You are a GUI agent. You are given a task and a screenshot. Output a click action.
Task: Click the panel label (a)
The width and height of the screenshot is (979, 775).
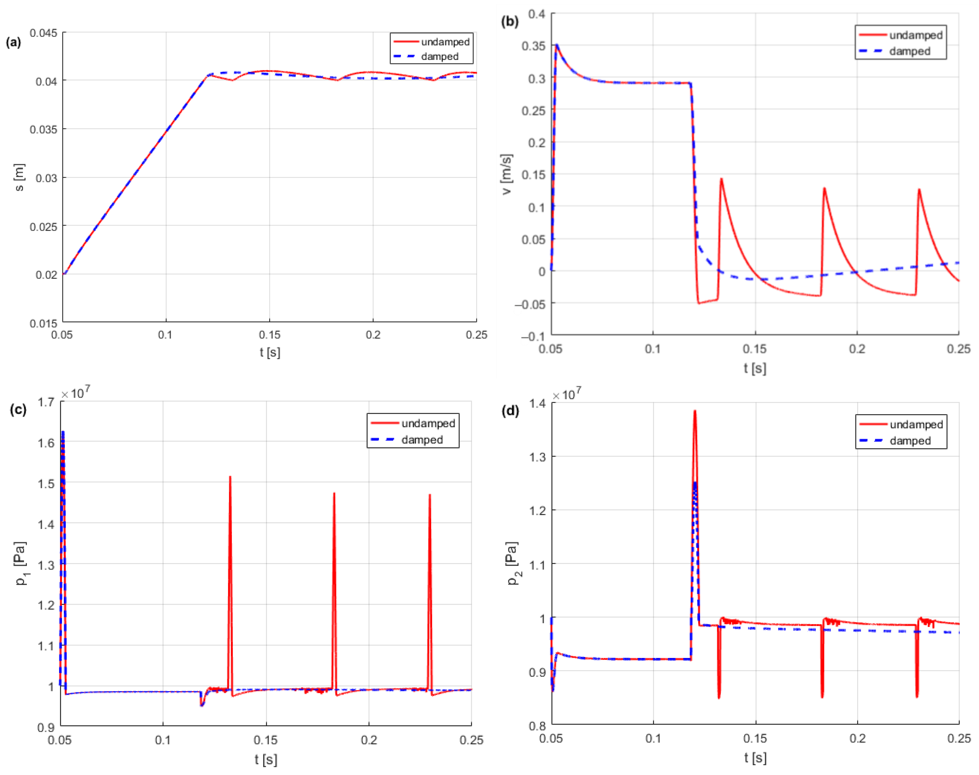coord(13,43)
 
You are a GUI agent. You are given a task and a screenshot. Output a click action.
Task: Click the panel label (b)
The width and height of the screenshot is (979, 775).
coord(509,21)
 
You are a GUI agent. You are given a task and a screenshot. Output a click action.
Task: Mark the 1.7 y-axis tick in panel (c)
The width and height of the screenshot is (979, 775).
coord(46,402)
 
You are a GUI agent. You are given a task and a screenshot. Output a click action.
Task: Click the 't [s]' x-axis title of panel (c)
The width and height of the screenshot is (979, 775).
coord(266,759)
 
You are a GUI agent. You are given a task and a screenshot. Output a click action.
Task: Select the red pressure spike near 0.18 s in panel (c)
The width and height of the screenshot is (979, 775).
coord(334,494)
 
